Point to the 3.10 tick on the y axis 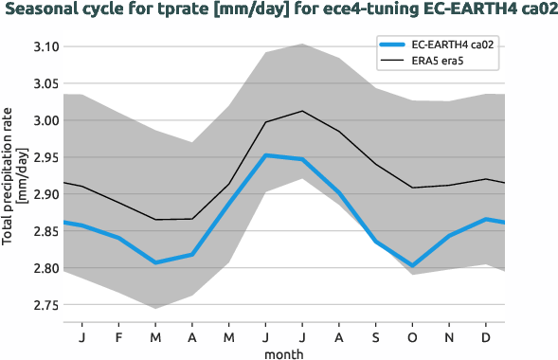click(45, 46)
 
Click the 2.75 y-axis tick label click(45, 305)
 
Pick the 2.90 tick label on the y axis click(45, 194)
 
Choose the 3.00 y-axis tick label click(45, 120)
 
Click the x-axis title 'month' click(284, 352)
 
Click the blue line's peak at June click(265, 155)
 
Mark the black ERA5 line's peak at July click(302, 111)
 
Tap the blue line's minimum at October click(413, 266)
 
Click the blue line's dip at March click(155, 262)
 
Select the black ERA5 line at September click(376, 164)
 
